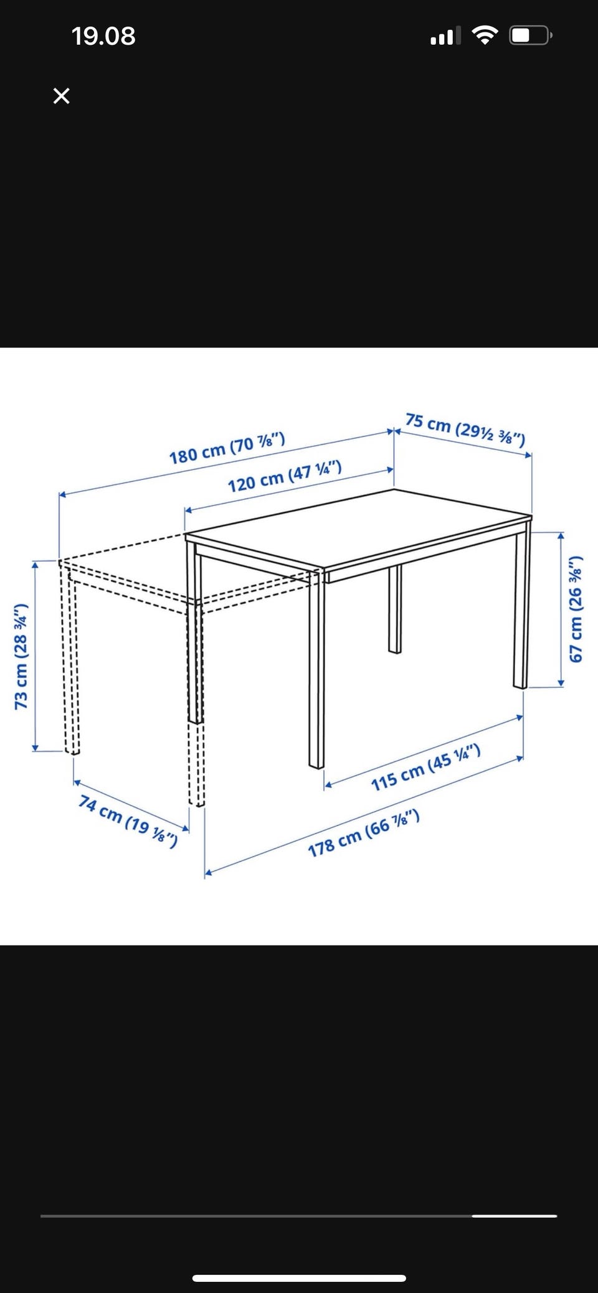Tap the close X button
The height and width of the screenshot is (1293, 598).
click(x=61, y=96)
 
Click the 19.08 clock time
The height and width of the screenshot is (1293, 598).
click(x=103, y=36)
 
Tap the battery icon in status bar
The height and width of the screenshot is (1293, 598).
click(x=531, y=35)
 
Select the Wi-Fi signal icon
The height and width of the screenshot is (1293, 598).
click(x=484, y=35)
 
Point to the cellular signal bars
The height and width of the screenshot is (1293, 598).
click(x=445, y=36)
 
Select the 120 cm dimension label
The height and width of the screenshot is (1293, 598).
click(x=284, y=476)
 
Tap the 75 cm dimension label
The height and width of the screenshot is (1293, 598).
click(x=465, y=429)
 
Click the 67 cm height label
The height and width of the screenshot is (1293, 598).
click(x=576, y=608)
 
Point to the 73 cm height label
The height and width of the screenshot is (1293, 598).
click(x=21, y=656)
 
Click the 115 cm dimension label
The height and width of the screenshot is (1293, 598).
click(x=425, y=768)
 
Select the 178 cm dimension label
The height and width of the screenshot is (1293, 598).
click(x=363, y=834)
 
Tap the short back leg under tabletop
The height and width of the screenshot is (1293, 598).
click(x=395, y=609)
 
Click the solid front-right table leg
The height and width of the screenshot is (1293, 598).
click(x=316, y=669)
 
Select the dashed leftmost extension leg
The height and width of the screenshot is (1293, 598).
click(x=69, y=660)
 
